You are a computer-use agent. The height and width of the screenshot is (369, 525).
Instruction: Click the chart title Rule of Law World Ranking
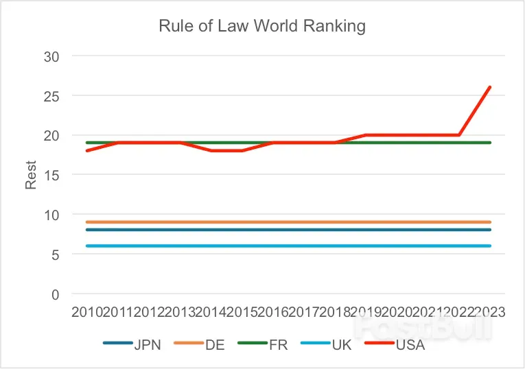click(x=262, y=27)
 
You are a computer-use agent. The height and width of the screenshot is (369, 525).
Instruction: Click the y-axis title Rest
click(x=31, y=175)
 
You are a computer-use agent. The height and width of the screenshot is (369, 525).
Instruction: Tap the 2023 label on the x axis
click(x=489, y=312)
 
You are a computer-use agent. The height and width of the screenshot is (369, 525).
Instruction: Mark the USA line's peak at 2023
click(x=490, y=88)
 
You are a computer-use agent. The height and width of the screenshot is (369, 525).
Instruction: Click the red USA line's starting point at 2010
click(x=88, y=151)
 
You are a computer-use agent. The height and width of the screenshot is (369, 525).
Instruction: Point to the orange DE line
click(x=288, y=222)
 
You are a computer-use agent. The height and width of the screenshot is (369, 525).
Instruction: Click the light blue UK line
click(x=288, y=246)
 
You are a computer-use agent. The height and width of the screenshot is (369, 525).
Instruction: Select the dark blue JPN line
click(x=288, y=230)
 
